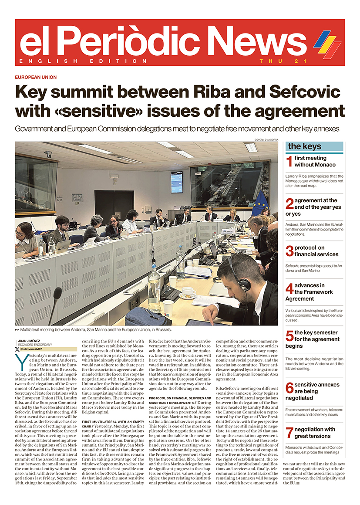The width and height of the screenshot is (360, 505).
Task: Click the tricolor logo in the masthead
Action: [x=327, y=44]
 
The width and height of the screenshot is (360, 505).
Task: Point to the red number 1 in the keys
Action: [x=289, y=162]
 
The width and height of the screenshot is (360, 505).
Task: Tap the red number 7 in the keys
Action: [x=289, y=433]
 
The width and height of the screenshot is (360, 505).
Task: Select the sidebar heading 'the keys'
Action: [x=305, y=146]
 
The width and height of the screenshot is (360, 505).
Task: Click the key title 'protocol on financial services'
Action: [x=316, y=251]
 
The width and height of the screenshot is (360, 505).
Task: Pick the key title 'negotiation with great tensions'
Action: [x=314, y=433]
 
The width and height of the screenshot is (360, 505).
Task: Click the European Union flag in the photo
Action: [x=260, y=202]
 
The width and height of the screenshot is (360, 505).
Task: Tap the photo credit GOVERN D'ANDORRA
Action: [x=266, y=139]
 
